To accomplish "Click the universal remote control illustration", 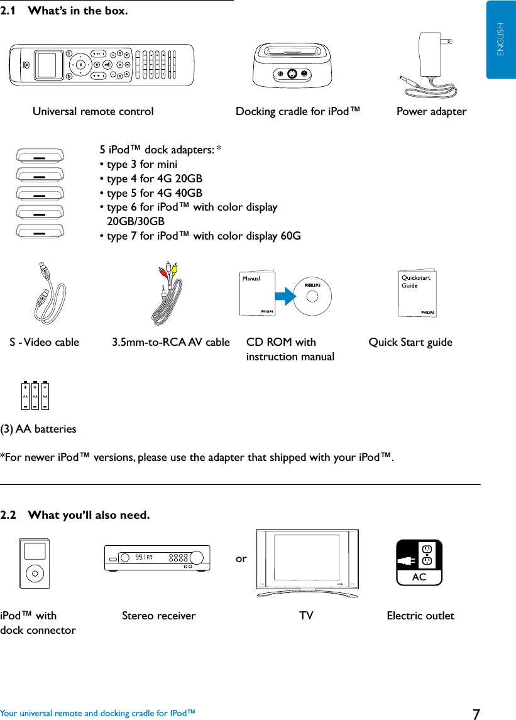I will click(x=106, y=64).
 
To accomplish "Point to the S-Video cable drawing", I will click(x=50, y=292).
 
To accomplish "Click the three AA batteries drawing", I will click(x=35, y=397).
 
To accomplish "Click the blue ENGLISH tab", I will click(x=501, y=39).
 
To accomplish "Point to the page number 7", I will click(x=476, y=714).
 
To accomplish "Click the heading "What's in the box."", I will click(x=78, y=11).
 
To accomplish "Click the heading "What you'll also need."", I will click(x=89, y=516).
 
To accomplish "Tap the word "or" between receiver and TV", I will click(x=241, y=558).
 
